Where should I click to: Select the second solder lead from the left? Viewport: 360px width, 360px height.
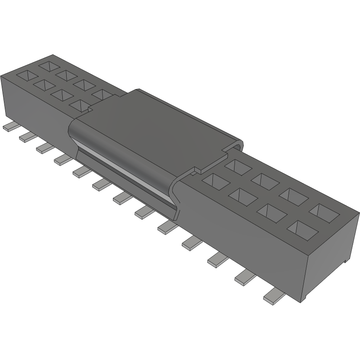coord(26,137)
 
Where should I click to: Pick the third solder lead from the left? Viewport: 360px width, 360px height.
coord(44,148)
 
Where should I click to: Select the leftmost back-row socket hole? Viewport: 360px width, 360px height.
coord(49,66)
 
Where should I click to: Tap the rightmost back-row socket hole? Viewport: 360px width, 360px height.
coord(325,211)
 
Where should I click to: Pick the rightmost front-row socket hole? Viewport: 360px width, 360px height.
coord(300,228)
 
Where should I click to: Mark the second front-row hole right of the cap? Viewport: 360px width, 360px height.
coord(241,196)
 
